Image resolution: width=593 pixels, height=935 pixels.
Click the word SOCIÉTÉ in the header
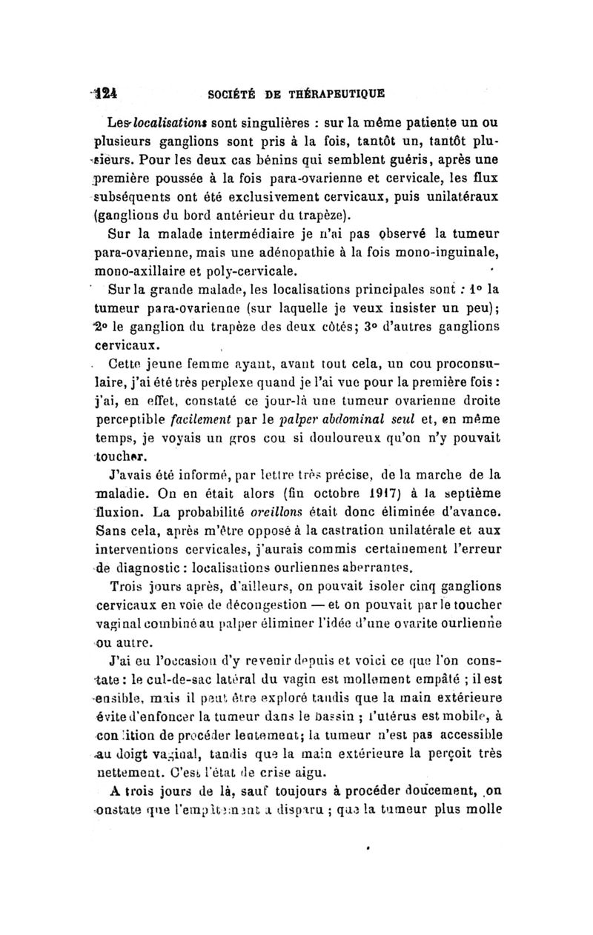[223, 95]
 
